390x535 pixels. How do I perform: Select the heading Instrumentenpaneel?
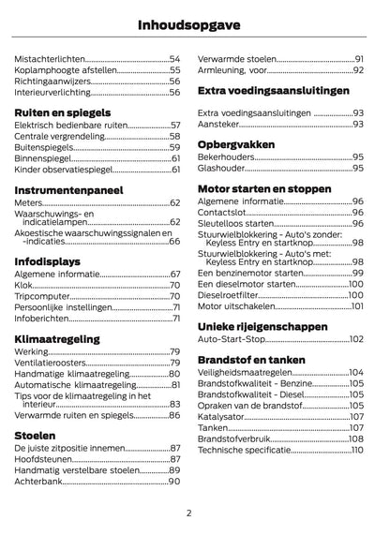(x=68, y=189)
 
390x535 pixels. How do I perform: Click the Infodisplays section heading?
(x=47, y=260)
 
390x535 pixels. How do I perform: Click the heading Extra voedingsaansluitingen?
(x=274, y=91)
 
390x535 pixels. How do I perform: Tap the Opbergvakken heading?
(x=236, y=144)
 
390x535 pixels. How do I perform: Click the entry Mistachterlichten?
(x=48, y=58)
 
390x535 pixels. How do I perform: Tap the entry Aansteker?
(x=221, y=124)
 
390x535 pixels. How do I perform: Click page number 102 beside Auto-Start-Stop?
(x=356, y=340)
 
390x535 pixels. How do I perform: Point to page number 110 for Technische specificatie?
(x=356, y=450)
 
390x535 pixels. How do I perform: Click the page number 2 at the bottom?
(x=189, y=512)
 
